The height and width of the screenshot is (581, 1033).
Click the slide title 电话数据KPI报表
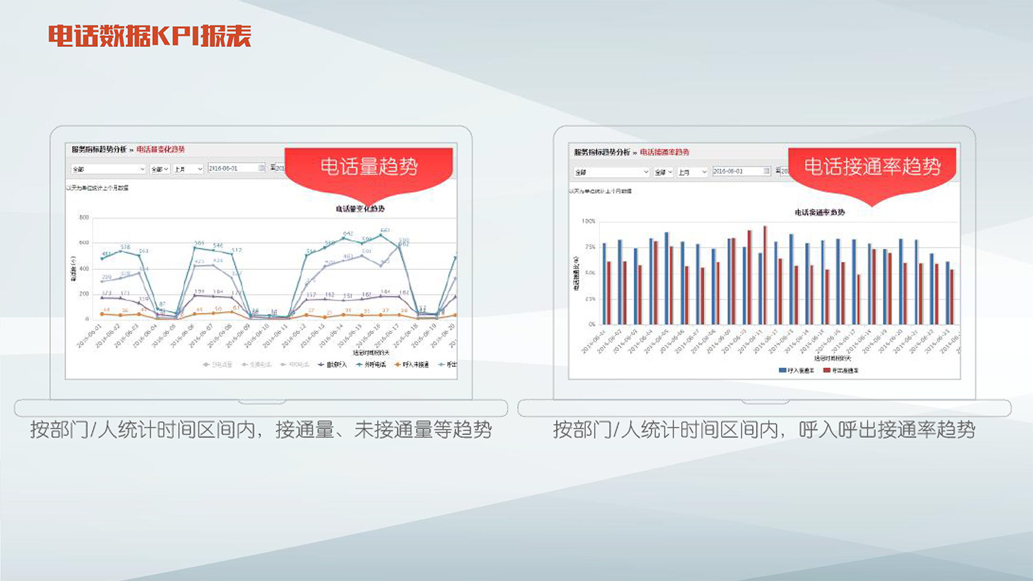(x=149, y=36)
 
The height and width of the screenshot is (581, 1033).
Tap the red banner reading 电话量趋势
(x=368, y=167)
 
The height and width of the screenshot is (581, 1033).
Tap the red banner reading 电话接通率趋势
(x=872, y=167)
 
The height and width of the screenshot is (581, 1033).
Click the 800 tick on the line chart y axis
(x=84, y=218)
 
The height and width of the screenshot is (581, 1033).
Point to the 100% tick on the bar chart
(x=588, y=222)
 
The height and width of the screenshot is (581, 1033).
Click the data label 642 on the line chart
(x=348, y=234)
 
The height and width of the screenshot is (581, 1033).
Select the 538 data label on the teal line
(x=125, y=246)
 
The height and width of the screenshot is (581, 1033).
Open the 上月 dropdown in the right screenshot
(x=691, y=172)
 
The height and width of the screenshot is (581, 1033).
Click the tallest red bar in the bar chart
(x=765, y=275)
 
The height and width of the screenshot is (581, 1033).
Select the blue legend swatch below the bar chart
(x=782, y=370)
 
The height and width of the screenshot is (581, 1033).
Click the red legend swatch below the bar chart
(x=826, y=370)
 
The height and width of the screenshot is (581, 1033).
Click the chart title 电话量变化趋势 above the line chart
(x=359, y=209)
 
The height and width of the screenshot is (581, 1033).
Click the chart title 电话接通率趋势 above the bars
(x=820, y=213)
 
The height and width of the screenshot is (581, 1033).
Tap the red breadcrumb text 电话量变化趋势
(x=160, y=149)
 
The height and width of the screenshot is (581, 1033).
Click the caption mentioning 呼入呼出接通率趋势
(x=764, y=430)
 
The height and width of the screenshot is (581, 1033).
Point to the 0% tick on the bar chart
(x=592, y=324)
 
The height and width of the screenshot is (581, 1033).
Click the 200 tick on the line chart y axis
(x=84, y=294)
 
